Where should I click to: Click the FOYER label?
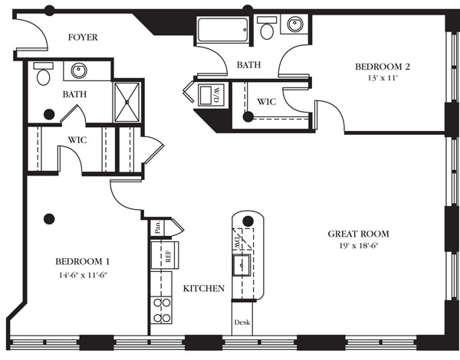coord(83,37)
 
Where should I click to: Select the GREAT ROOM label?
coord(358,234)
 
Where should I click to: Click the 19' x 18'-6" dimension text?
coord(358,247)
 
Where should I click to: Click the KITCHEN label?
coord(203,289)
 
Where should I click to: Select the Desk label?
coord(242,322)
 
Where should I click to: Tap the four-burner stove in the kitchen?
coord(162,310)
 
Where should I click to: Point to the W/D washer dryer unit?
coord(209,95)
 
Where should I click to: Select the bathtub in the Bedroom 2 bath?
coord(222,31)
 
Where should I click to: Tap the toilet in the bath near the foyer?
coord(43,75)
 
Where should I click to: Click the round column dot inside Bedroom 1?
coord(49,218)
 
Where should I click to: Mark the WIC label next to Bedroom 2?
coord(266,101)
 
